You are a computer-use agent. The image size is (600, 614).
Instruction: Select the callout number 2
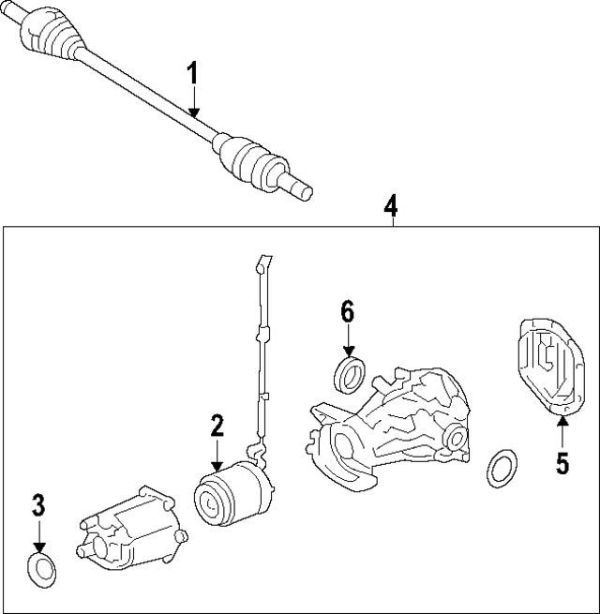[x=217, y=427]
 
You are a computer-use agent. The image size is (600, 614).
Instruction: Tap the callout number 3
[x=38, y=506]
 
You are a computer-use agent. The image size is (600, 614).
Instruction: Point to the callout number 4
[x=391, y=204]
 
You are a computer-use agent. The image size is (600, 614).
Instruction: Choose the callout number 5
[x=562, y=463]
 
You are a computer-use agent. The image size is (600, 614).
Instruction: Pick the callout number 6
[x=348, y=312]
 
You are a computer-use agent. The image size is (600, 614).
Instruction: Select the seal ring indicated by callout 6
[x=350, y=372]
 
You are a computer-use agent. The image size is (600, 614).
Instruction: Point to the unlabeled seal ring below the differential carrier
[x=502, y=468]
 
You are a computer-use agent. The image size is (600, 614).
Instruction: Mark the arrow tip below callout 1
[x=192, y=116]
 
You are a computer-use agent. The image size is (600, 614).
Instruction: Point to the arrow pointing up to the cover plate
[x=562, y=427]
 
